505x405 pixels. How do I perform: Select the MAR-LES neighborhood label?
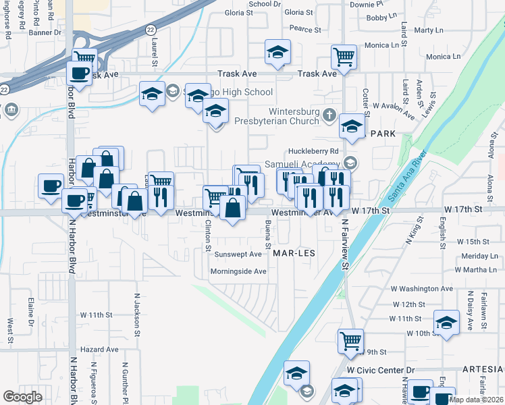click(294, 253)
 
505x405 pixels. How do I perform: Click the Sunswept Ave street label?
click(238, 254)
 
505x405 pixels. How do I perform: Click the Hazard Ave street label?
click(99, 350)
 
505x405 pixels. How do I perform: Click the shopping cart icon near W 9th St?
click(350, 342)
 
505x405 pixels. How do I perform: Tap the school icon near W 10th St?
click(446, 323)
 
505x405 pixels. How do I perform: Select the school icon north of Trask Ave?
click(277, 53)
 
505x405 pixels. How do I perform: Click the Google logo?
click(22, 396)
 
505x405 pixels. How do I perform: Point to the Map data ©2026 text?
click(476, 400)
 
